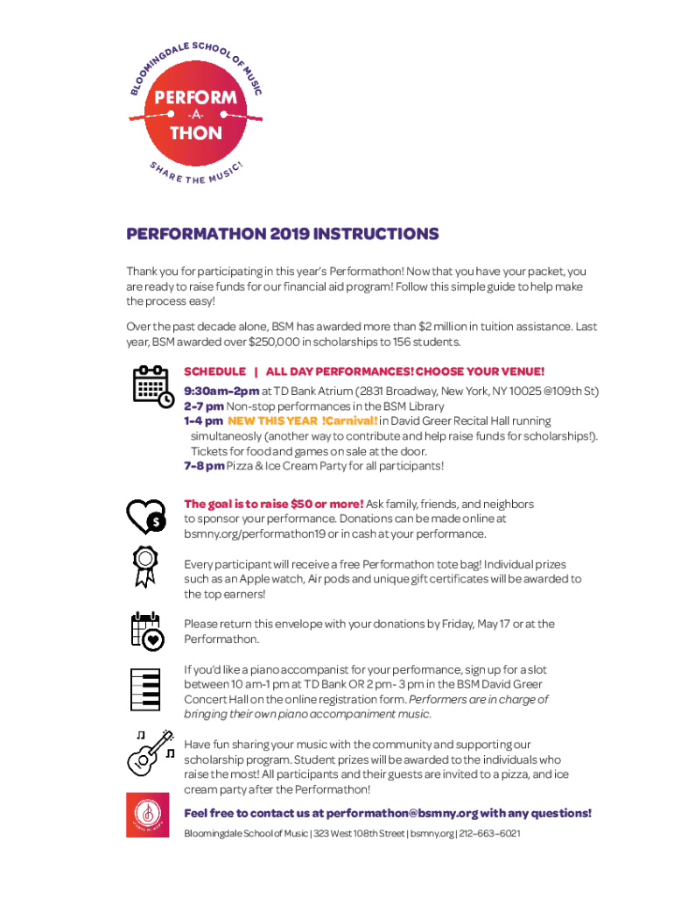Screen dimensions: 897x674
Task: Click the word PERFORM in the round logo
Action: (195, 97)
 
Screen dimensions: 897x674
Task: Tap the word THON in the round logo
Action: (195, 133)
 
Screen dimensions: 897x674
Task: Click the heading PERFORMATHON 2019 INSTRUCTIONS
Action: (283, 235)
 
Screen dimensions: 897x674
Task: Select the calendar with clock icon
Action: (152, 386)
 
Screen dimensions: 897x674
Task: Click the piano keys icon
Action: (145, 689)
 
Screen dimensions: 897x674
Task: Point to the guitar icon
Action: (149, 752)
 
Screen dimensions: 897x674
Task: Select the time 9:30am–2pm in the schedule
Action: (221, 391)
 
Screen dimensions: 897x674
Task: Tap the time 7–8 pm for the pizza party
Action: (204, 466)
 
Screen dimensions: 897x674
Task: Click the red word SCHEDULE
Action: (214, 371)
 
